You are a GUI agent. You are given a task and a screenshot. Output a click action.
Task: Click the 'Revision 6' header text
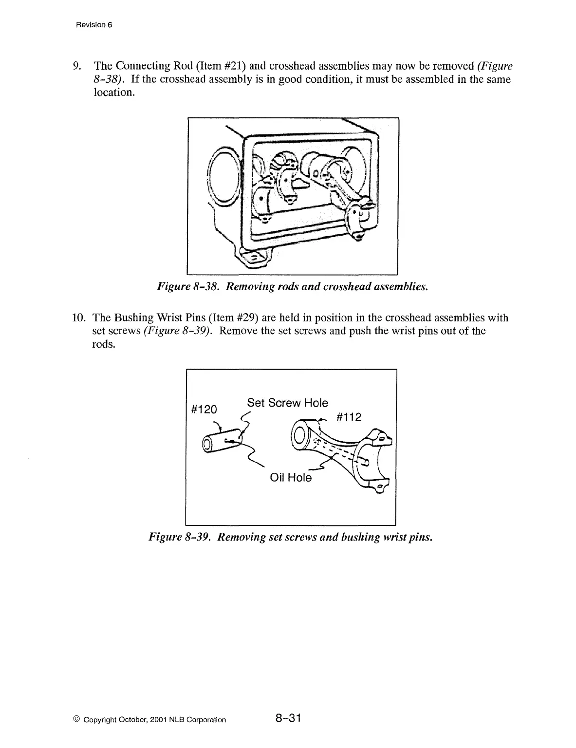(x=94, y=25)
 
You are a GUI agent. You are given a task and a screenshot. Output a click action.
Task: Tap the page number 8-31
(x=289, y=718)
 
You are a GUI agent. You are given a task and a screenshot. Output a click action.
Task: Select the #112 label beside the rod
(x=349, y=417)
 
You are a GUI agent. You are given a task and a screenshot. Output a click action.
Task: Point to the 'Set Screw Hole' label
(x=287, y=403)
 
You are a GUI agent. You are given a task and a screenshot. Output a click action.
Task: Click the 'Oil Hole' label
(x=291, y=477)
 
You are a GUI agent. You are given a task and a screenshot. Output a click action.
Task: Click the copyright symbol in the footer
(x=76, y=720)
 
